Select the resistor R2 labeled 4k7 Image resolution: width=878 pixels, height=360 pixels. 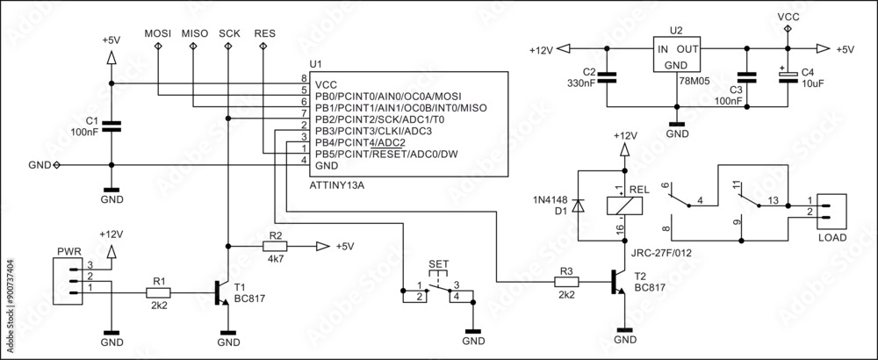click(x=276, y=247)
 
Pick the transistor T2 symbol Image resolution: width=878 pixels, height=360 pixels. click(x=619, y=283)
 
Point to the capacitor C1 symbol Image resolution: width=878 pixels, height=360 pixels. click(x=111, y=127)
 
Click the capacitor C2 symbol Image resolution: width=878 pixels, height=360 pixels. click(x=611, y=77)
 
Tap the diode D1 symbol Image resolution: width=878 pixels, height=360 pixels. click(x=578, y=205)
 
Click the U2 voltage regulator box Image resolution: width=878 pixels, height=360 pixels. click(x=676, y=56)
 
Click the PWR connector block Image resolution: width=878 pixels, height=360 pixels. click(x=68, y=278)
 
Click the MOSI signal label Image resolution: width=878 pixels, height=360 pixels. click(x=158, y=32)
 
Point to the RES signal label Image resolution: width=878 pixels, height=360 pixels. click(x=263, y=32)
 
